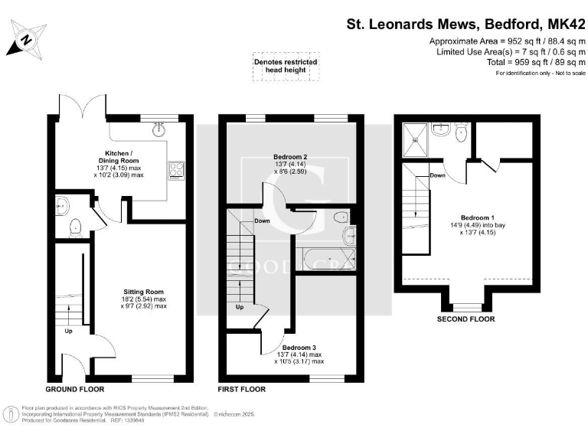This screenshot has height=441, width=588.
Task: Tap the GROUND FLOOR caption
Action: [76, 390]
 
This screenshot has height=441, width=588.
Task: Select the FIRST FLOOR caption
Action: [242, 390]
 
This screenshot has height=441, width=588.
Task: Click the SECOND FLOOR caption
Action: [465, 319]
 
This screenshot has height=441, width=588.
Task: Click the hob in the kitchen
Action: [175, 168]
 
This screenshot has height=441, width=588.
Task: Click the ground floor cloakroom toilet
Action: [75, 228]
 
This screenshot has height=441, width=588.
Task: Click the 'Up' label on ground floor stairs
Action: [68, 332]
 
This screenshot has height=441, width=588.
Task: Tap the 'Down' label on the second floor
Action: [438, 175]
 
